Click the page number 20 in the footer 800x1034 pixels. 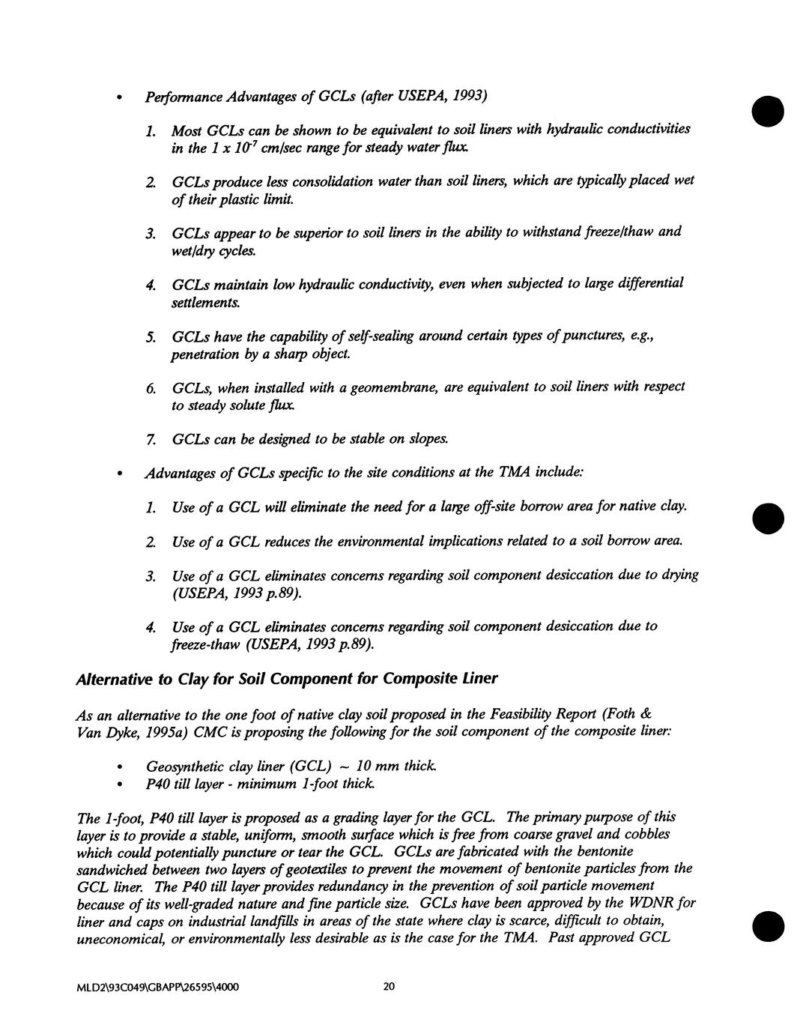click(388, 987)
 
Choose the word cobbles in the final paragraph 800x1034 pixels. click(643, 834)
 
